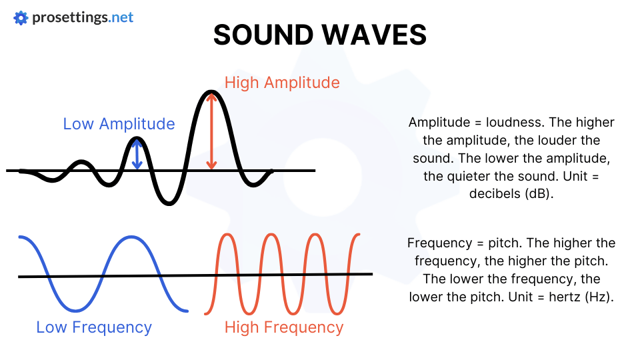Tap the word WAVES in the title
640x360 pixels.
click(382, 35)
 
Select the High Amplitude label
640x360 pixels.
click(282, 83)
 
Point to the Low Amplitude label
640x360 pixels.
click(119, 124)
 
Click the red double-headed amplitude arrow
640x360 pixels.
click(211, 131)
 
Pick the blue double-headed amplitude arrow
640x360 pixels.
click(137, 154)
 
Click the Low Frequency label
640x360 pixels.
click(94, 327)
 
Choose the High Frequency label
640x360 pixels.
click(283, 327)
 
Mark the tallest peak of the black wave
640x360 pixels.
click(211, 91)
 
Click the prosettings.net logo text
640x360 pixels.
click(83, 17)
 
